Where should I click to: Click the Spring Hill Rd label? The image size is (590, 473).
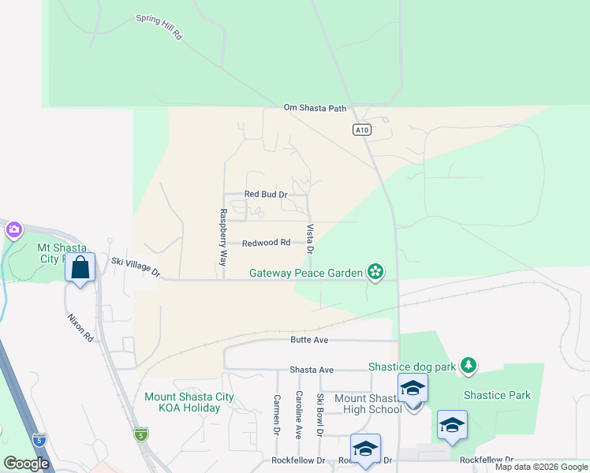point(159,27)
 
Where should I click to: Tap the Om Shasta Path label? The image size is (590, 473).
point(316,108)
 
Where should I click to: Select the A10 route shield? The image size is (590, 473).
point(362,130)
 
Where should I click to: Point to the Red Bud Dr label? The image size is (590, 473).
point(266,194)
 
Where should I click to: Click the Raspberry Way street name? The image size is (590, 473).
point(223,236)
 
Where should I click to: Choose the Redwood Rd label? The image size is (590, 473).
point(266,243)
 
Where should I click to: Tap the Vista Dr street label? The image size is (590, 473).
point(310,239)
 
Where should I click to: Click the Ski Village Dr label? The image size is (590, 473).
point(136,266)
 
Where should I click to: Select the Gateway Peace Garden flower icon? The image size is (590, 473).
point(375,273)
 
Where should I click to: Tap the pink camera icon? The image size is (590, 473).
point(13,230)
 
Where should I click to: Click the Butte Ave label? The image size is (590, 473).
point(308,340)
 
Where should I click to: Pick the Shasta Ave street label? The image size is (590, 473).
point(312,369)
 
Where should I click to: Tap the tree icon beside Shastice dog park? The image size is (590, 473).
point(469,365)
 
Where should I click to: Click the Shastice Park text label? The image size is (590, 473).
point(497,395)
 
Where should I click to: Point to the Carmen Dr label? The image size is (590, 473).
point(277,415)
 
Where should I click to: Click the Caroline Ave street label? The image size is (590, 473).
point(299,415)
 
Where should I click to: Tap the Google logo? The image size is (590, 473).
point(27,464)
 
